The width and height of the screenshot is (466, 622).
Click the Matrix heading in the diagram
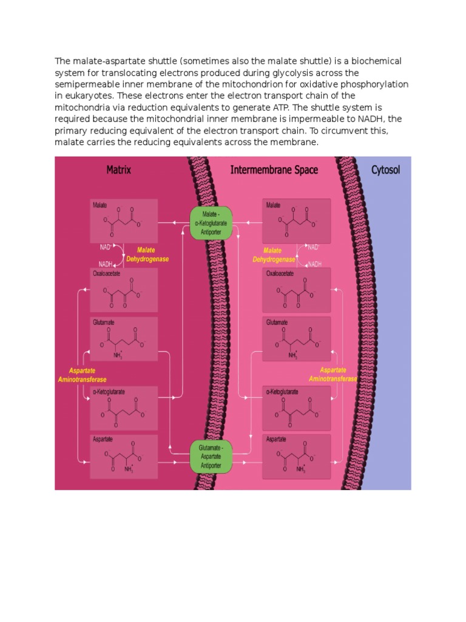point(119,170)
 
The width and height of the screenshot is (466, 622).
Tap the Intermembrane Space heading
point(274,170)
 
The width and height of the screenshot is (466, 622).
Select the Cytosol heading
point(385,170)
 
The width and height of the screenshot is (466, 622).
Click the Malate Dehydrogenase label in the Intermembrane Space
point(274,255)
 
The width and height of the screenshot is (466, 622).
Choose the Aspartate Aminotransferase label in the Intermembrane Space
point(333,374)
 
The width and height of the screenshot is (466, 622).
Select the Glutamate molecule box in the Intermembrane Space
point(296,338)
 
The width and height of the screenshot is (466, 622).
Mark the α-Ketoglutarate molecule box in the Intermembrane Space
point(296,406)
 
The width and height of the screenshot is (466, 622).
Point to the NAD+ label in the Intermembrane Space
point(313,247)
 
